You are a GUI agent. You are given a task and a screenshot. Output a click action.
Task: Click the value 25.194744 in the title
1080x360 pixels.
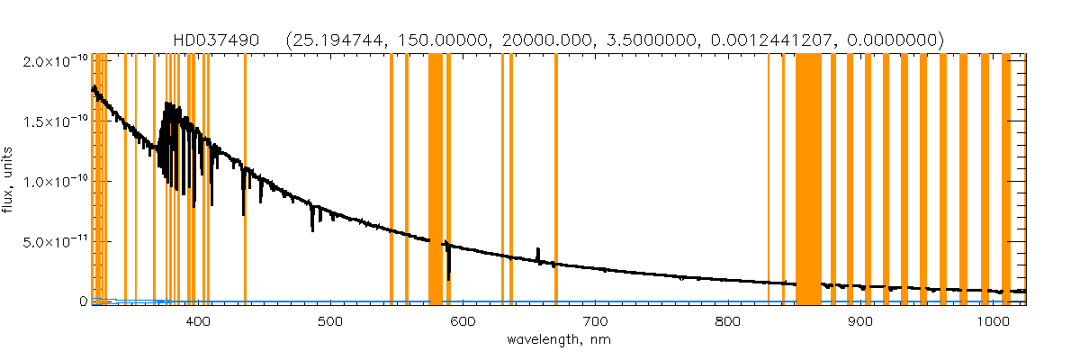(331, 40)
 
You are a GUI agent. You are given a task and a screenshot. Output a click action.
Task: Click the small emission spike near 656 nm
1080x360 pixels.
(538, 252)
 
